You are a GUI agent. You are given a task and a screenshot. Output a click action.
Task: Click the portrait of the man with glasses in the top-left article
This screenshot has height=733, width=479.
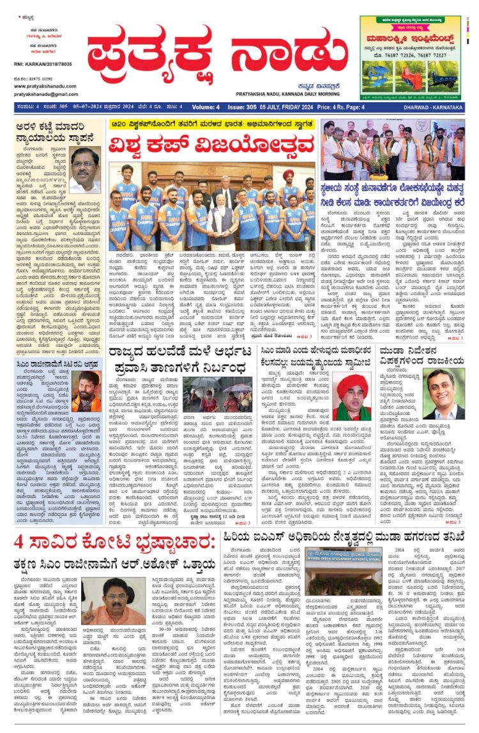(x=85, y=170)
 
